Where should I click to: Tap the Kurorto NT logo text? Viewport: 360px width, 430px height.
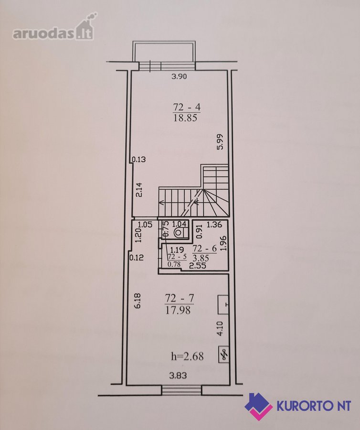[x=314, y=405]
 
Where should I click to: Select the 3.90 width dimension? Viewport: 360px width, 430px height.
[x=179, y=76]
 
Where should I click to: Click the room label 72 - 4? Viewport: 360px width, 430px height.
[x=187, y=107]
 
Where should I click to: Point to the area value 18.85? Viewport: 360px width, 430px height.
[x=185, y=118]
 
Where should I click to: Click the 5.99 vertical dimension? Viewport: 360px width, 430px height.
[x=220, y=142]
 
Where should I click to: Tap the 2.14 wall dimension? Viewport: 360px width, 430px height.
[x=139, y=190]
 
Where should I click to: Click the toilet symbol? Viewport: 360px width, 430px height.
[x=178, y=233]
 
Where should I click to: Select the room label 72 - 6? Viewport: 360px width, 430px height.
[x=205, y=248]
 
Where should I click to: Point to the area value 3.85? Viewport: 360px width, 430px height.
[x=201, y=258]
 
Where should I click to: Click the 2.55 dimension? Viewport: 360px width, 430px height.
[x=198, y=266]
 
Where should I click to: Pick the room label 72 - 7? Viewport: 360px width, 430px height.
[x=180, y=298]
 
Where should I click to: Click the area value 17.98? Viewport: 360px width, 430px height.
[x=178, y=310]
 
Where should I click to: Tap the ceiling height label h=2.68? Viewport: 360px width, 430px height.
[x=187, y=356]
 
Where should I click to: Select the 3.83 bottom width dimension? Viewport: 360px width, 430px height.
[x=178, y=375]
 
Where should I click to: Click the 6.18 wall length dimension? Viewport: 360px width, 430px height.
[x=138, y=301]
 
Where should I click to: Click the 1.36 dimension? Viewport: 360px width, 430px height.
[x=214, y=225]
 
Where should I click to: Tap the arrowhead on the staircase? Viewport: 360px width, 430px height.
[x=161, y=203]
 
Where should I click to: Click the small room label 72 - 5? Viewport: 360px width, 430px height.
[x=177, y=257]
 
